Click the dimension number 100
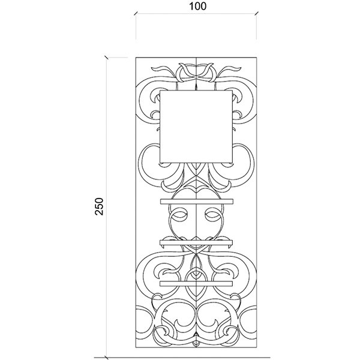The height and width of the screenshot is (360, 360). click(197, 7)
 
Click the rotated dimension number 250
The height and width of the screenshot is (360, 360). click(99, 206)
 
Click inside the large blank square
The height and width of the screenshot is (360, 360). click(196, 127)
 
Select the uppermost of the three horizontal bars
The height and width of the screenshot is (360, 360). click(197, 202)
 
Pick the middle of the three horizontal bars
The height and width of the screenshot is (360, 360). click(196, 242)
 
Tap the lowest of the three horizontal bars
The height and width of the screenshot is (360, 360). click(196, 284)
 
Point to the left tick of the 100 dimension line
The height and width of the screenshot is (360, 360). click(136, 13)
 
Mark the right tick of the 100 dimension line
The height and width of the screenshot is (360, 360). click(257, 13)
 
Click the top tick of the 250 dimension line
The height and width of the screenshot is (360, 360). click(106, 57)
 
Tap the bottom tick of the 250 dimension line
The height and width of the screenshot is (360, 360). click(106, 358)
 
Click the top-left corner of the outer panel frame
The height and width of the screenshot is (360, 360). click(136, 58)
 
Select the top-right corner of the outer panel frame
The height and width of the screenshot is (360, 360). click(257, 58)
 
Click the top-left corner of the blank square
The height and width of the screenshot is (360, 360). click(160, 91)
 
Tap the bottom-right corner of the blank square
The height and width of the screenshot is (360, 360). click(232, 163)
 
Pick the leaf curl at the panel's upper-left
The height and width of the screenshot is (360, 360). click(162, 70)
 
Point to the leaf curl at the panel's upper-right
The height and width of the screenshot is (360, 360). click(230, 70)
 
